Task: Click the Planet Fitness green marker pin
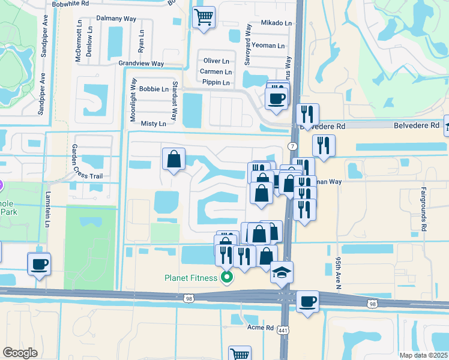point(227,277)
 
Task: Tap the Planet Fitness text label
point(191,277)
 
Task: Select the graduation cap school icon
point(282,272)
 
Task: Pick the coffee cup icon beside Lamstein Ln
point(39,263)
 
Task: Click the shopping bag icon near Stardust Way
point(173,160)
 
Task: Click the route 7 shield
point(292,146)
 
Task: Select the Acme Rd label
point(261,328)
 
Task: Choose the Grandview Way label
point(141,63)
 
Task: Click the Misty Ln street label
point(153,124)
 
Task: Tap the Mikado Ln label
point(276,23)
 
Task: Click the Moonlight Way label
point(134,100)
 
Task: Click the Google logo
point(20,353)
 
